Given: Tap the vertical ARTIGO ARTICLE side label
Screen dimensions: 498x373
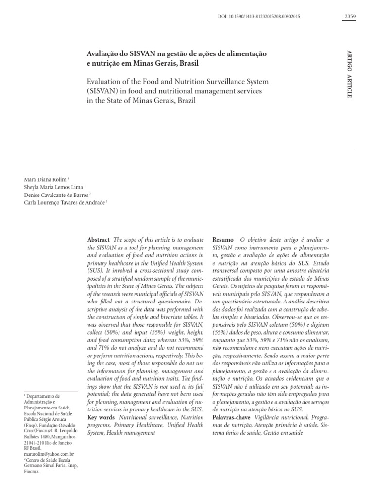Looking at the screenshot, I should point(349,73).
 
